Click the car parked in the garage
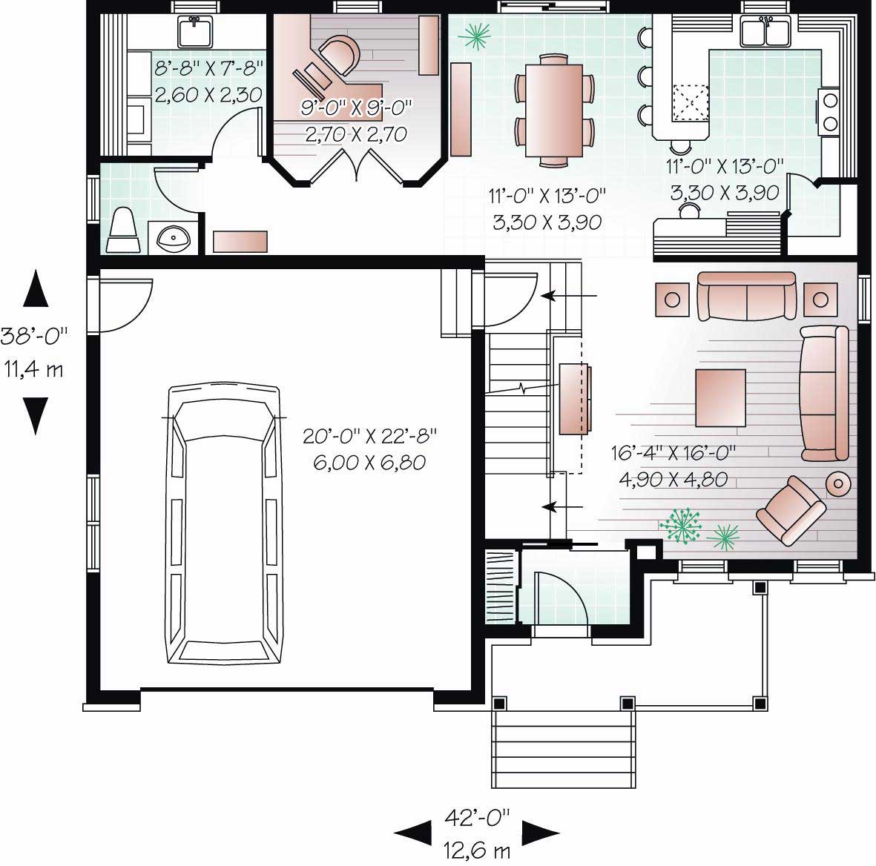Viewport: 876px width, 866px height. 222,523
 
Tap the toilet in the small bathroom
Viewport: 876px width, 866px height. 123,230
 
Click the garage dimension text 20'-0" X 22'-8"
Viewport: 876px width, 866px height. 370,435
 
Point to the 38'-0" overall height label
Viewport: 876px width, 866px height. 34,335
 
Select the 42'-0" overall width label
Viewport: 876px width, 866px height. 478,817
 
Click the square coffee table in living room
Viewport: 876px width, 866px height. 720,398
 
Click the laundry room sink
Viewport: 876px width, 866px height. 196,31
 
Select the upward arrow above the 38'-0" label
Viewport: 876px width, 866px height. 36,288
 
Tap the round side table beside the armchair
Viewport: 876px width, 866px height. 840,484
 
